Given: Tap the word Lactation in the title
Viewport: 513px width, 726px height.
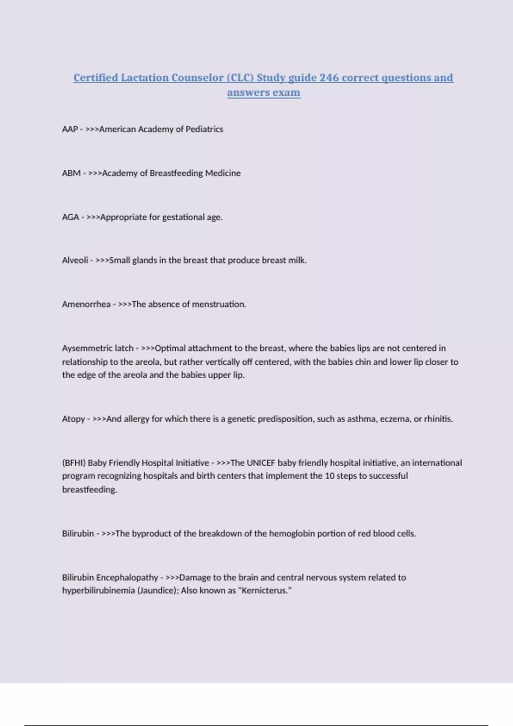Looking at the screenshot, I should (x=145, y=78).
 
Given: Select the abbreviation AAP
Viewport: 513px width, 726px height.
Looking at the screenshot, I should (x=70, y=129).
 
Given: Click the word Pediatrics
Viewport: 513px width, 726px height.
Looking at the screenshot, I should (x=204, y=129).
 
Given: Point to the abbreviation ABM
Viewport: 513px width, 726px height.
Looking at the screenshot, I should (x=71, y=173).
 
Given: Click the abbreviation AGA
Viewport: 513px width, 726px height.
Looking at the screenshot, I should (x=71, y=217).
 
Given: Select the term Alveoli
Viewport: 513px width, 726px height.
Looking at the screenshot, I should (x=75, y=260).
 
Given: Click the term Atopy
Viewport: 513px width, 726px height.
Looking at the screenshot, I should (x=74, y=419).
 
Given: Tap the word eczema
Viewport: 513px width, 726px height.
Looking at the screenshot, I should (x=397, y=419).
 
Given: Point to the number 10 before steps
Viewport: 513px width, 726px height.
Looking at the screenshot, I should (x=329, y=476).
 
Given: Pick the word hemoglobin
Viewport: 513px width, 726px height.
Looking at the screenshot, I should (x=292, y=533).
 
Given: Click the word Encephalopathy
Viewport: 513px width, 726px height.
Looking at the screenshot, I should (x=127, y=577).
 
